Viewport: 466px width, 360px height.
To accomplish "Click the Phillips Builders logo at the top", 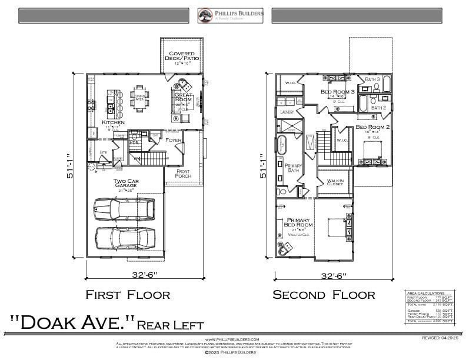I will pyautogui.click(x=231, y=15).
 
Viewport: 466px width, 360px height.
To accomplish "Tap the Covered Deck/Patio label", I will pyautogui.click(x=182, y=56).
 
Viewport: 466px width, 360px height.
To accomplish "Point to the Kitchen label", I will pyautogui.click(x=112, y=122).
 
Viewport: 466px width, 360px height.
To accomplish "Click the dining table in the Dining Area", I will pyautogui.click(x=140, y=98).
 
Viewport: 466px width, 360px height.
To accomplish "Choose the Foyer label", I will pyautogui.click(x=174, y=140).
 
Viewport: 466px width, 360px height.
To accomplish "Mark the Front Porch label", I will pyautogui.click(x=183, y=173).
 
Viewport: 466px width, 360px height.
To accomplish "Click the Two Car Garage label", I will pyautogui.click(x=126, y=184).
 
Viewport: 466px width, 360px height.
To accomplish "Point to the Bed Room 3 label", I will pyautogui.click(x=338, y=92).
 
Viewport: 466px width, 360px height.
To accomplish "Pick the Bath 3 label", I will pyautogui.click(x=372, y=79).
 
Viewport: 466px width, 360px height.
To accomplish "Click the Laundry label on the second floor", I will pyautogui.click(x=287, y=111).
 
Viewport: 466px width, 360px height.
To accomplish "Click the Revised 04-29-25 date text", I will pyautogui.click(x=439, y=338).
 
